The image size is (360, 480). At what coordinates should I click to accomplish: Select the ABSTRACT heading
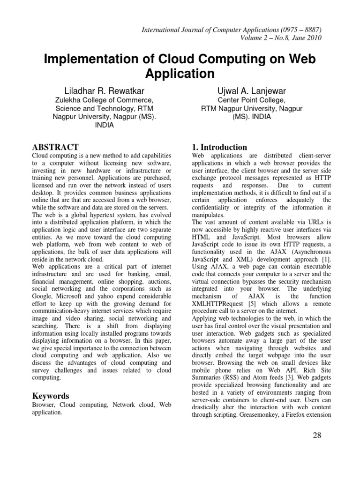(55, 147)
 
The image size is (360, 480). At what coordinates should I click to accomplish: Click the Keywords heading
(50, 396)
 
